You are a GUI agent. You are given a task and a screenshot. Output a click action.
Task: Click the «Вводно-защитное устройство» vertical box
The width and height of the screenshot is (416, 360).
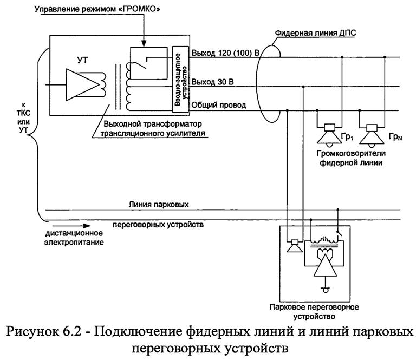pos(179,79)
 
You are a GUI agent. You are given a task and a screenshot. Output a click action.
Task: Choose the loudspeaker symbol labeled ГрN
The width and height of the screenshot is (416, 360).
pos(371,132)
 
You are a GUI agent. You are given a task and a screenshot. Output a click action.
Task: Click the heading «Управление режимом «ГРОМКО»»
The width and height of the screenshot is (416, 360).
pos(96,10)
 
